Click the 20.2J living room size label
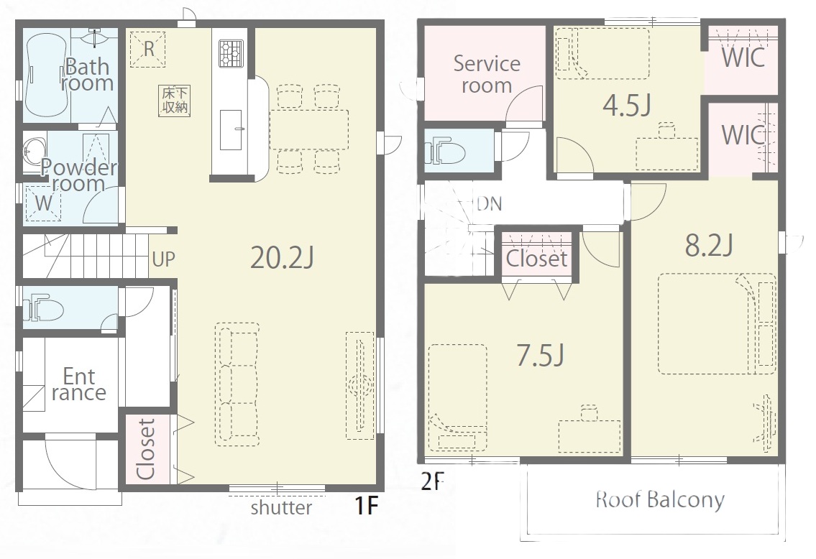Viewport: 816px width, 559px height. click(282, 257)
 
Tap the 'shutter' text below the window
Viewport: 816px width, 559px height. click(281, 507)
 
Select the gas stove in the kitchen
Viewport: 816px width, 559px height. click(231, 54)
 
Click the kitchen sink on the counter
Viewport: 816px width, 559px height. click(231, 129)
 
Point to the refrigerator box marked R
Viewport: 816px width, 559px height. click(148, 49)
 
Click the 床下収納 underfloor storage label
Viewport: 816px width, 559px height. click(174, 101)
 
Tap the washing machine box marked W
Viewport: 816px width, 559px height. click(44, 203)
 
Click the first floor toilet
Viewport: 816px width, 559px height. click(44, 309)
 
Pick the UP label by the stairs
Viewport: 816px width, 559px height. click(163, 259)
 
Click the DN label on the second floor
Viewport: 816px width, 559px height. click(490, 203)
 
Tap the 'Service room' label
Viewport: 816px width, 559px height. click(486, 74)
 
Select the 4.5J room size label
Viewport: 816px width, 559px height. click(627, 106)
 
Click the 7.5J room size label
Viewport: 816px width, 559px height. click(540, 356)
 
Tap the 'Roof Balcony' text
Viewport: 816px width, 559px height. click(660, 499)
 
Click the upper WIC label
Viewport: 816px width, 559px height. click(743, 57)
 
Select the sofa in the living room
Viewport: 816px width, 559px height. click(237, 384)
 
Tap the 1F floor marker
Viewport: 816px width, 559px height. click(367, 505)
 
